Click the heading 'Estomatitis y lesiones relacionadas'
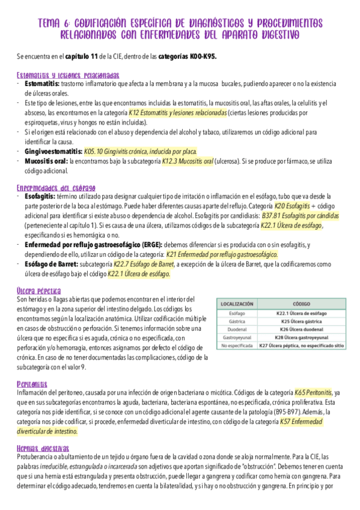68,76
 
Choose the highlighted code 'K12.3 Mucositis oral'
188,161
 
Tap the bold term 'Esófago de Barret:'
50,263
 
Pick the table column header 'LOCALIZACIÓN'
237,304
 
